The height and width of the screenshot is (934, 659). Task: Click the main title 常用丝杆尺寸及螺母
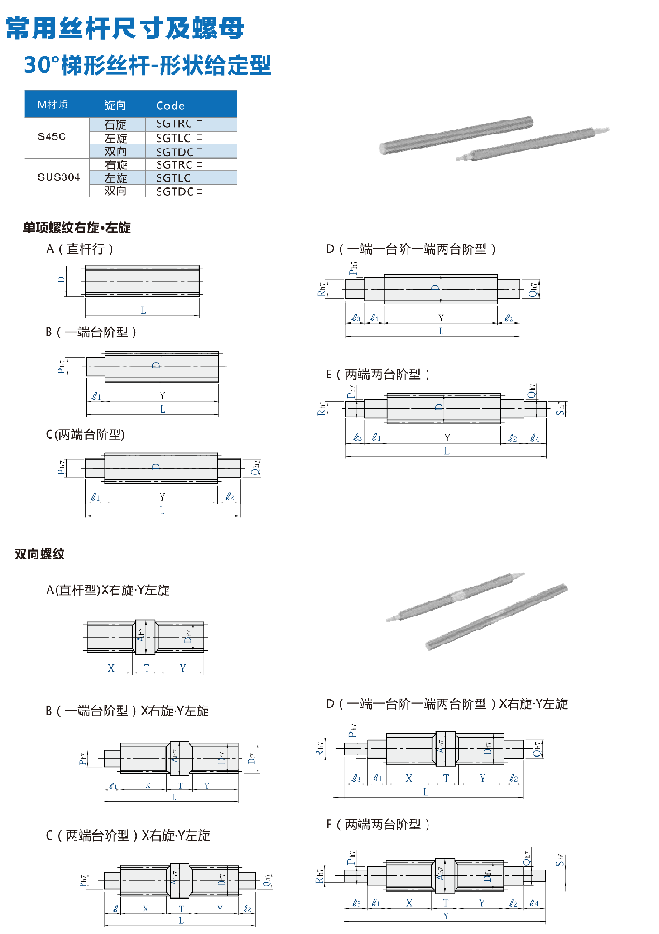(x=125, y=28)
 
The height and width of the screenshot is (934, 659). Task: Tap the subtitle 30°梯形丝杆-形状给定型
(x=147, y=65)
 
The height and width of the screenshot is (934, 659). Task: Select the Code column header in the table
(x=171, y=106)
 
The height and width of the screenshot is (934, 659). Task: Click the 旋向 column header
(x=115, y=106)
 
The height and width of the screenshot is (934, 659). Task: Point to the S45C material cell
(x=52, y=136)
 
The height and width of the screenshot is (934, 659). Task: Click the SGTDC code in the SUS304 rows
(x=177, y=191)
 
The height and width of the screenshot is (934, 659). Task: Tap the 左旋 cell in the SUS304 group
(x=116, y=177)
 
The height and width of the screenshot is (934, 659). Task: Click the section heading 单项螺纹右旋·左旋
(x=77, y=227)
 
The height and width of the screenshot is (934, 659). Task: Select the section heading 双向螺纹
(x=39, y=554)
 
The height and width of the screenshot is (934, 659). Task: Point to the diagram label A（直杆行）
(x=79, y=249)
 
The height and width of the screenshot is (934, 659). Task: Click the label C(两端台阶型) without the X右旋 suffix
(x=85, y=434)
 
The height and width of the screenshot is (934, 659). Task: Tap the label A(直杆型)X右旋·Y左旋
(x=107, y=590)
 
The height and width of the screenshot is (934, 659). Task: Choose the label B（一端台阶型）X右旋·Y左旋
(x=127, y=711)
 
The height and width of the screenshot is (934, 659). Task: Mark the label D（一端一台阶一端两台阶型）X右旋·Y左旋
(x=446, y=703)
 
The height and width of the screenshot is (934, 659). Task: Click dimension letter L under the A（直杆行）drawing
(x=143, y=309)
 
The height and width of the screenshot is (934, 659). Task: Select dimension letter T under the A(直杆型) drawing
(x=147, y=668)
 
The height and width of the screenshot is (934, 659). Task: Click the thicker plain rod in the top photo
(x=456, y=136)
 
